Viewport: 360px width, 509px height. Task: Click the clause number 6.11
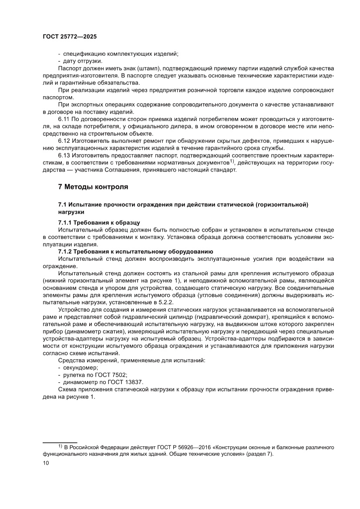point(65,118)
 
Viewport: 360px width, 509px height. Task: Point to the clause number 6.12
point(65,141)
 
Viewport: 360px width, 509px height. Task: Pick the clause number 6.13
point(65,155)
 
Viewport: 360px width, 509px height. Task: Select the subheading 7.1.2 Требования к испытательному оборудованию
point(135,251)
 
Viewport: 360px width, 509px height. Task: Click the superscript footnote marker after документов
point(232,161)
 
